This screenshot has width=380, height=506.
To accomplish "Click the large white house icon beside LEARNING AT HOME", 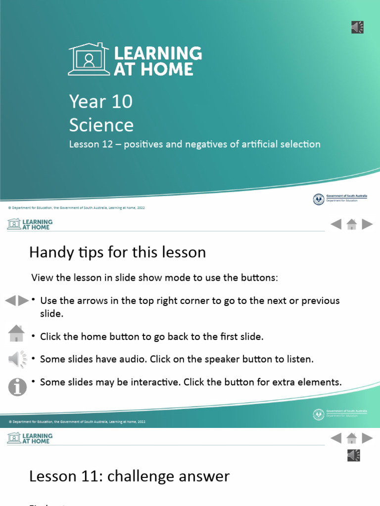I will [89, 59].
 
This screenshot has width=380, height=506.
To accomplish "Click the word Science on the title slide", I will [101, 125].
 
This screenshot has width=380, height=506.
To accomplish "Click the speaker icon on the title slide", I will [358, 27].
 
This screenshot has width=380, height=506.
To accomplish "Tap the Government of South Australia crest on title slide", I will [319, 199].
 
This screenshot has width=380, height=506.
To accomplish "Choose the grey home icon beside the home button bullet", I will [16, 334].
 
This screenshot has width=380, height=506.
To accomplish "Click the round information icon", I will [17, 386].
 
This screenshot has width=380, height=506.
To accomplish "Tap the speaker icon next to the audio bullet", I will [17, 359].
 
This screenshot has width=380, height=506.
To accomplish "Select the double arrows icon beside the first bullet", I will [17, 300].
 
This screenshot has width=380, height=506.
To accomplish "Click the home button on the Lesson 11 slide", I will [352, 438].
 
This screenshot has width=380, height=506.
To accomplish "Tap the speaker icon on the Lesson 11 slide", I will [354, 455].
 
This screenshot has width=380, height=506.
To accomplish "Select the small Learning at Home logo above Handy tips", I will [30, 224].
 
